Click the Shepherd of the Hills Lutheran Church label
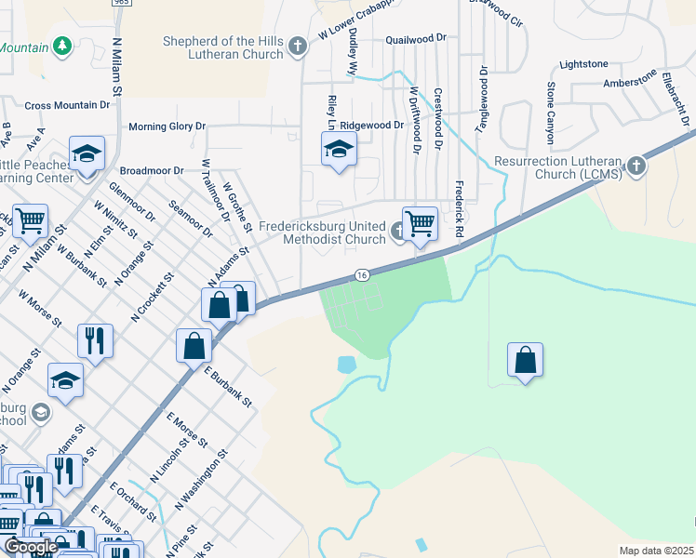[x=222, y=47]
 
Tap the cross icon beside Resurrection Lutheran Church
[x=636, y=166]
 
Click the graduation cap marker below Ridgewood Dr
[x=339, y=149]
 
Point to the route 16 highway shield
[x=362, y=274]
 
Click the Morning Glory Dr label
[x=167, y=126]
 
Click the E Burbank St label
[x=228, y=387]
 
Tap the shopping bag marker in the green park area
[x=525, y=361]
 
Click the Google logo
[x=31, y=547]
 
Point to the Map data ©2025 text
[x=656, y=551]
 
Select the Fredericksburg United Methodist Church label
[x=321, y=232]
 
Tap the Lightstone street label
[x=583, y=64]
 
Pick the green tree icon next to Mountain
[x=62, y=46]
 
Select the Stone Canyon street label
[x=551, y=112]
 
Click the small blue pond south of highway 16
[x=347, y=365]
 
